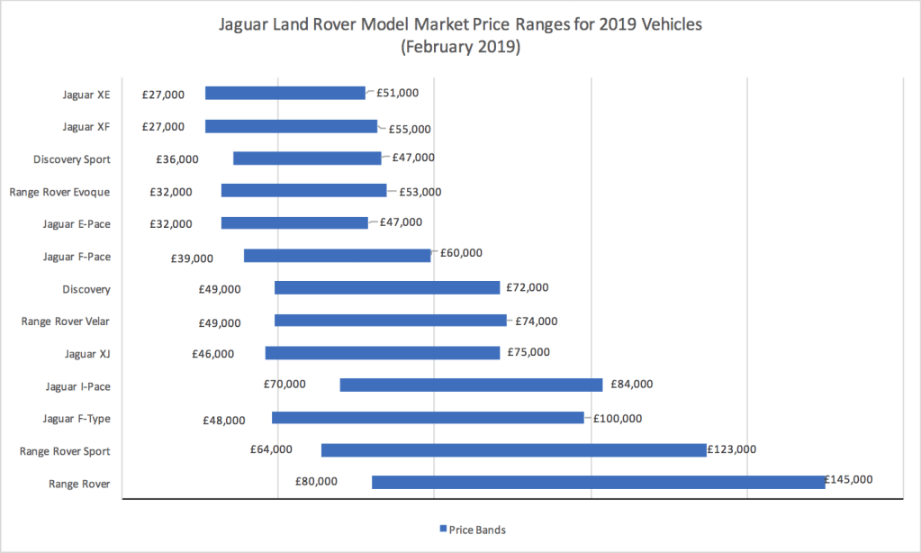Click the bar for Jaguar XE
point(284,93)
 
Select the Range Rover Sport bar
point(513,449)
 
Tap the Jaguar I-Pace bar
point(471,385)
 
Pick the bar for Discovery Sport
point(307,159)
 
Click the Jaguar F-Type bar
point(428,417)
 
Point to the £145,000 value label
point(848,480)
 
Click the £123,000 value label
point(732,449)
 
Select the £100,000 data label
point(618,418)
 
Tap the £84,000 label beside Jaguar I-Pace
point(631,385)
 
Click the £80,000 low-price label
point(316,481)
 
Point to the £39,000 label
point(192,258)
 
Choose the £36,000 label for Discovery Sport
point(177,159)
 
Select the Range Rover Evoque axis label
point(59,192)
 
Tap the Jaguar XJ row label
point(86,354)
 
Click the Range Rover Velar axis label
point(66,322)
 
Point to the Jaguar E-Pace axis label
point(77,224)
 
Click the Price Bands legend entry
point(477,530)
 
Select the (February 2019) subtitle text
point(460,48)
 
